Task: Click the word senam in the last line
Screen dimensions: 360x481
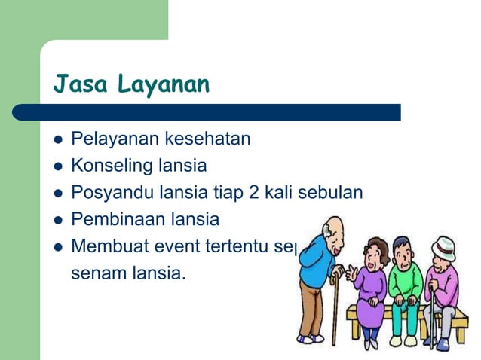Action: (97, 272)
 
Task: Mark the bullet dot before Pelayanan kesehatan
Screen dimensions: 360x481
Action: (56, 140)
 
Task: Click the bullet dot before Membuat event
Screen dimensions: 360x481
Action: (56, 246)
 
